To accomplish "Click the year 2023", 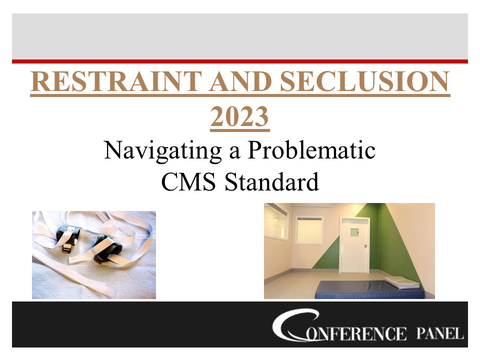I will coord(240,118).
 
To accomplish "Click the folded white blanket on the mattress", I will coord(403,281).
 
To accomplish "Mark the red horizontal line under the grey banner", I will coord(240,61).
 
